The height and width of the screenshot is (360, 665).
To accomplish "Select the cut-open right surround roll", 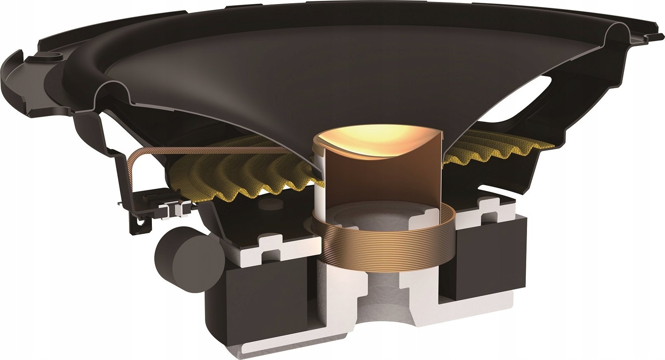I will pos(617,34).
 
